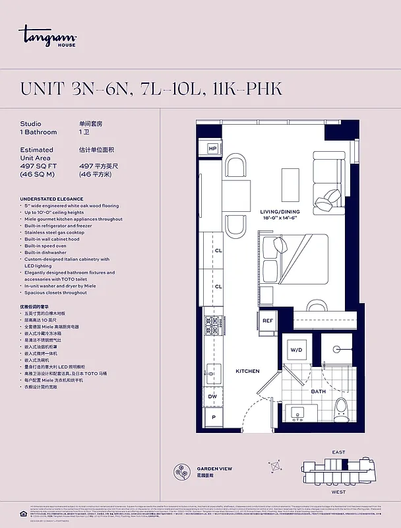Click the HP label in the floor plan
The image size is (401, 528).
213,149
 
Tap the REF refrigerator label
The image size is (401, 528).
267,321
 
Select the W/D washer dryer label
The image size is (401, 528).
295,350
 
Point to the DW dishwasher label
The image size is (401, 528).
212,396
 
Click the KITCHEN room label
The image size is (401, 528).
247,371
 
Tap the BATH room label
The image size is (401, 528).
319,391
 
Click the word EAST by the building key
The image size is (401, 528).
338,452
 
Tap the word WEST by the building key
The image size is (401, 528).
338,492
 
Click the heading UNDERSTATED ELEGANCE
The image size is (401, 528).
51,199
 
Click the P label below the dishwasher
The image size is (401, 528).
213,417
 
